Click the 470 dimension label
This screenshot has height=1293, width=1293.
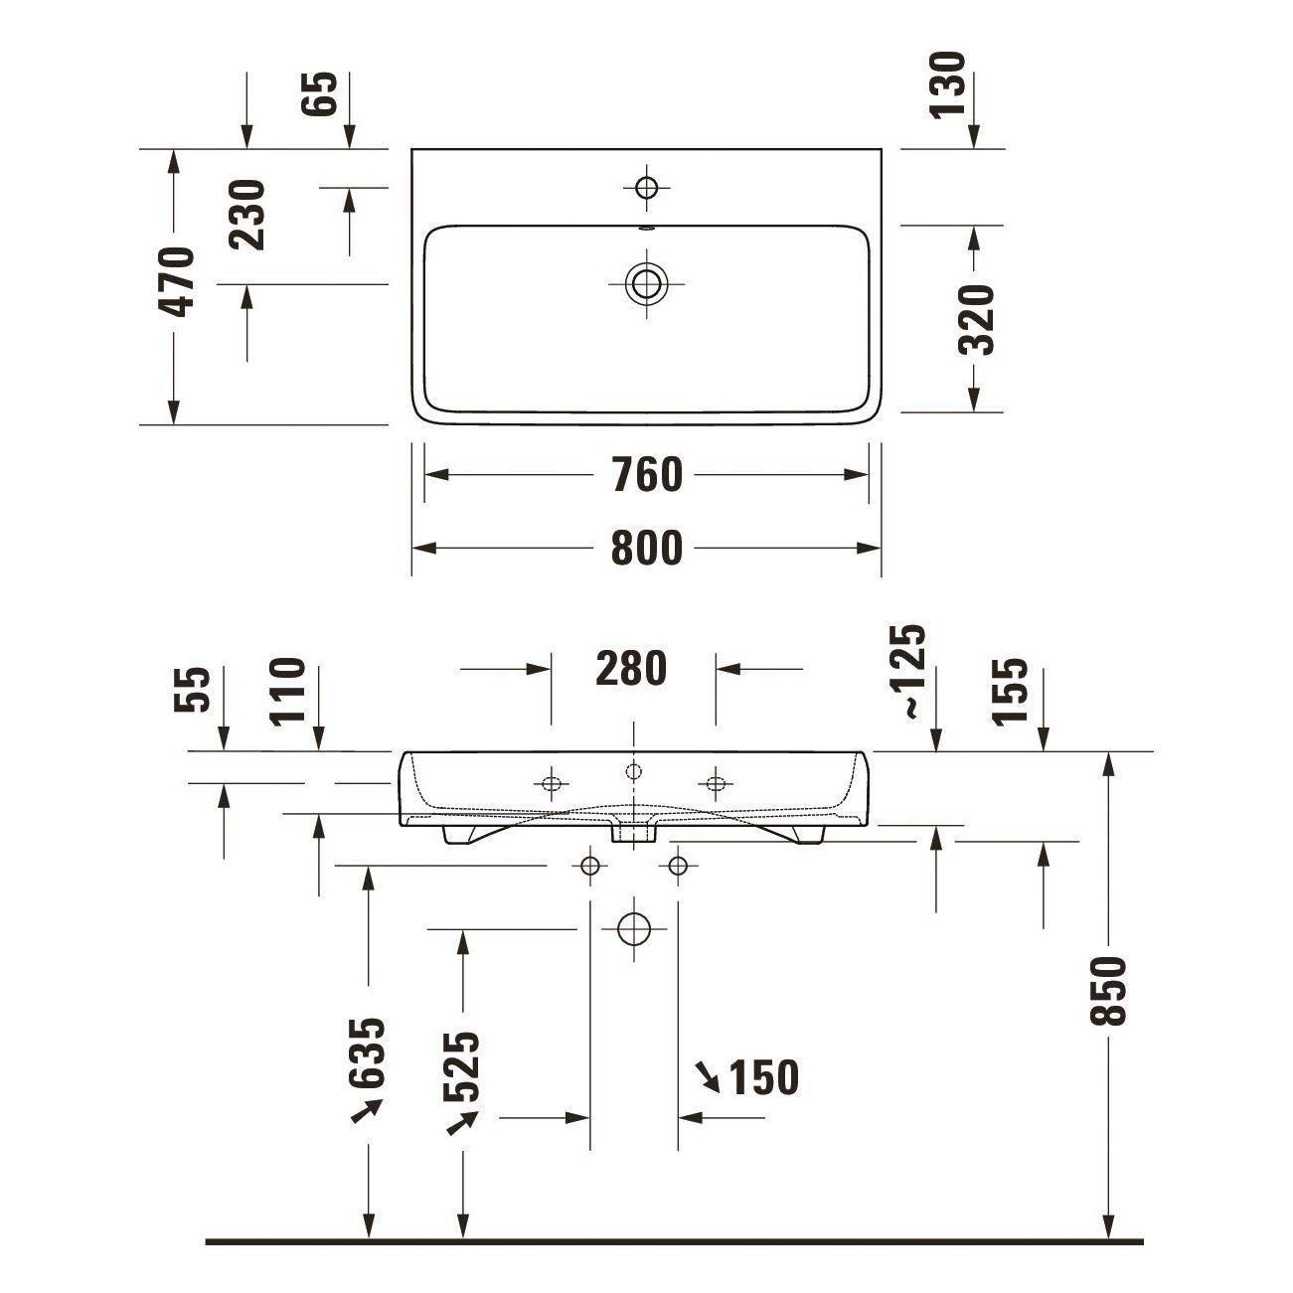pyautogui.click(x=176, y=281)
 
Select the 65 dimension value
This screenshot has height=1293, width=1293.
pyautogui.click(x=319, y=94)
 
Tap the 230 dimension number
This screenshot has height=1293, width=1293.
pyautogui.click(x=246, y=215)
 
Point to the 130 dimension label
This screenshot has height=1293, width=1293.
pyautogui.click(x=948, y=85)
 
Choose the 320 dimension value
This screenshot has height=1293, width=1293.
pyautogui.click(x=976, y=319)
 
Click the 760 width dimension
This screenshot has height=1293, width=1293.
pyautogui.click(x=647, y=475)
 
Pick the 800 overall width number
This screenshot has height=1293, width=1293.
pyautogui.click(x=647, y=549)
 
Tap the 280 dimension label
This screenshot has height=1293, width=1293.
pyautogui.click(x=631, y=668)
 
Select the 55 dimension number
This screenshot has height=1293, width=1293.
pyautogui.click(x=192, y=689)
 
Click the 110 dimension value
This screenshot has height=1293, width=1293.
pyautogui.click(x=287, y=692)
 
